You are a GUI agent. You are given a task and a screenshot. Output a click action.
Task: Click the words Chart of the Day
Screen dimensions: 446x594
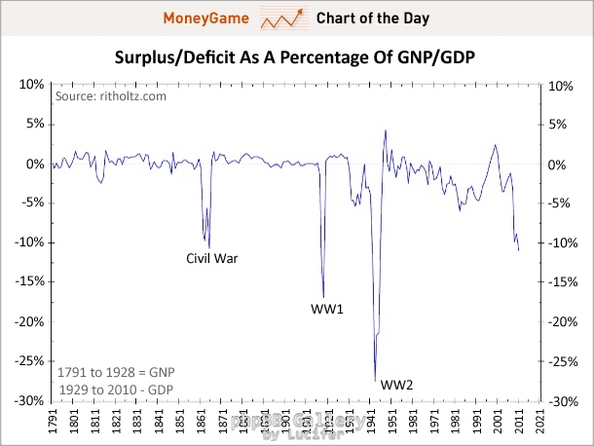click(373, 19)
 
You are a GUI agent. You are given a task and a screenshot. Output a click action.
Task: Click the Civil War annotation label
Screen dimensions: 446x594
click(212, 259)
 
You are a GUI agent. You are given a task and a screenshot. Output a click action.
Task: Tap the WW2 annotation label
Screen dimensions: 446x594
click(397, 385)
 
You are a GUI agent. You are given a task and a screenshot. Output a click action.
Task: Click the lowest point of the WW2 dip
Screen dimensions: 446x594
click(375, 381)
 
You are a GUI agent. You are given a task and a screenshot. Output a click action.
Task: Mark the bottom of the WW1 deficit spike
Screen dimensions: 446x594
click(323, 296)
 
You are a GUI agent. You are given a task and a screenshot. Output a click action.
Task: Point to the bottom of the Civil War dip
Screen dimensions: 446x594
click(208, 247)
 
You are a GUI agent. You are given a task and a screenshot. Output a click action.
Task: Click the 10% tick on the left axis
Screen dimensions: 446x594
click(28, 86)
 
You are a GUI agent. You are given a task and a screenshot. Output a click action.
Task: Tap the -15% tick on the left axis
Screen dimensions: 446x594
click(25, 282)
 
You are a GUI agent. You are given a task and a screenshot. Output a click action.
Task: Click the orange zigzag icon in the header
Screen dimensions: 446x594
click(282, 19)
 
